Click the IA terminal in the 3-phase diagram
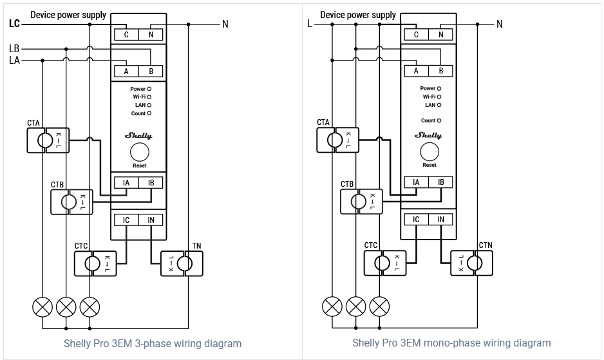click(x=126, y=183)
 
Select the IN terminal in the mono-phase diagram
click(x=441, y=220)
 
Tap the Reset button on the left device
click(x=140, y=153)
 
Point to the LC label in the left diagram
click(x=15, y=24)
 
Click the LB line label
click(x=15, y=48)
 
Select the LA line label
click(x=15, y=61)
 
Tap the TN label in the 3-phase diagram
click(x=196, y=246)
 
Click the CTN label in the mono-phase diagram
click(x=486, y=246)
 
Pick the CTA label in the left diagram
click(x=33, y=122)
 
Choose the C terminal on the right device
click(x=416, y=35)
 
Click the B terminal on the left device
click(x=151, y=71)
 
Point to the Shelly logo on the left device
click(x=138, y=136)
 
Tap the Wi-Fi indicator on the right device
click(x=439, y=97)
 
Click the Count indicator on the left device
click(x=149, y=113)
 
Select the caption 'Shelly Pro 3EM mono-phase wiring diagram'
click(x=451, y=343)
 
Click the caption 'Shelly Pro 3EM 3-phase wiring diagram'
click(x=153, y=343)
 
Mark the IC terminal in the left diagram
click(x=126, y=220)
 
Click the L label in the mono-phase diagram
click(x=310, y=24)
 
